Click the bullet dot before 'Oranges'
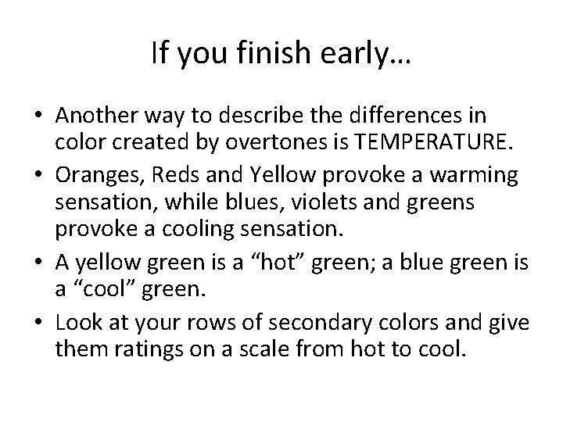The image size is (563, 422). [x=38, y=173]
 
